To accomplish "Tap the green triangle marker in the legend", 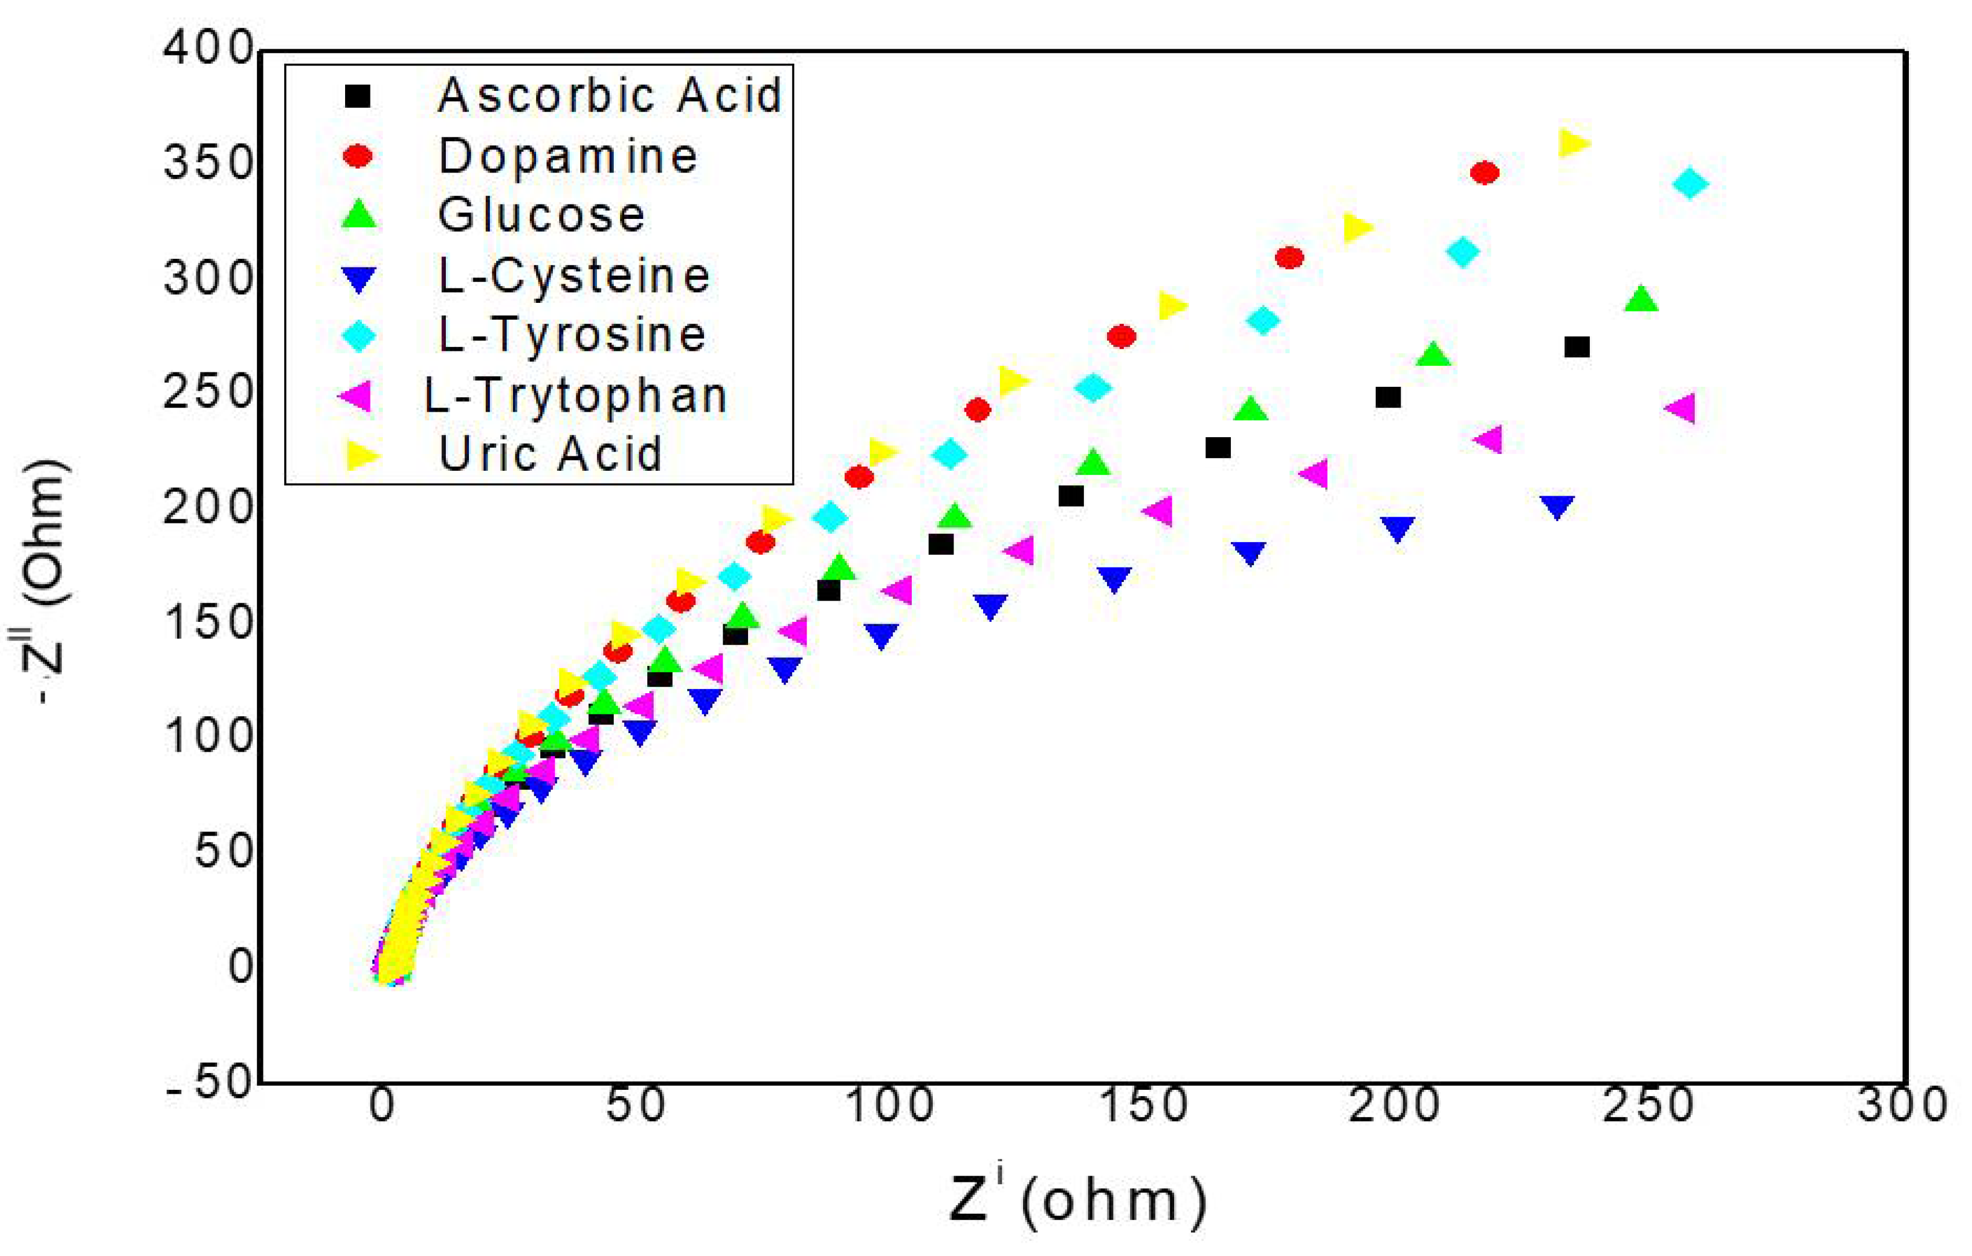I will coord(359,215).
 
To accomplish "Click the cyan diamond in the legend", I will coord(359,336).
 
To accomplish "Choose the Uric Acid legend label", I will coord(551,454).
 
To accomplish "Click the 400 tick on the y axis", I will coord(209,49).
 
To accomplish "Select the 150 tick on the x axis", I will coord(1142,1105).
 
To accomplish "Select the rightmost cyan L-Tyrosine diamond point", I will coord(1690,183).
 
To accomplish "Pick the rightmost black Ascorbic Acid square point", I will coord(1577,347).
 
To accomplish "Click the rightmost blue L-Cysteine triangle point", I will coord(1557,506).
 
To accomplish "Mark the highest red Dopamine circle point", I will coord(1484,173).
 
